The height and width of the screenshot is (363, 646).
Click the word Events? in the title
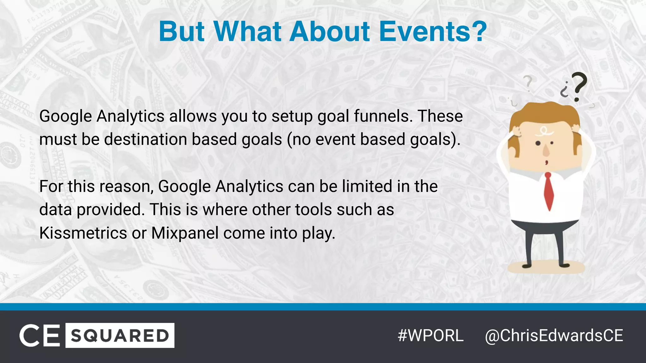point(433,32)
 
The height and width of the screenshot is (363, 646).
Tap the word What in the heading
point(247,32)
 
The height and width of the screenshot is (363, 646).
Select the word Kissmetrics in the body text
point(83,233)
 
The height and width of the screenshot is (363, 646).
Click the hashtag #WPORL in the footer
point(431,335)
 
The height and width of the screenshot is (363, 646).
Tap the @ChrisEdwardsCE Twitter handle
point(554,335)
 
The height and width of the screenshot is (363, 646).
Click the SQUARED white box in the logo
point(120,335)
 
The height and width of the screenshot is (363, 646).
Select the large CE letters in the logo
point(40,335)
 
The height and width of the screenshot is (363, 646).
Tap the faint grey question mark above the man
point(528,83)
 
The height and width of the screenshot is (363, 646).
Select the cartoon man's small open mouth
point(546,163)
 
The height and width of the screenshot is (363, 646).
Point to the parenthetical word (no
point(298,139)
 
